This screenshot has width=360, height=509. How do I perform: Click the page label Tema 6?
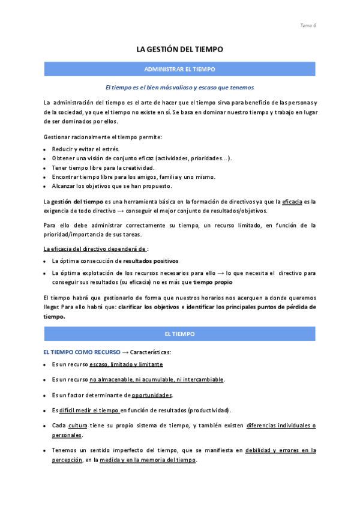[x=308, y=25]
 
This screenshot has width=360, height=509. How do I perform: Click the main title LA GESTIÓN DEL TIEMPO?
[x=180, y=50]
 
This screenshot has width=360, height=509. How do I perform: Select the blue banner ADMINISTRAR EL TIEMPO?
[x=180, y=70]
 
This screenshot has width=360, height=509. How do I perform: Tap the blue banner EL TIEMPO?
[x=180, y=333]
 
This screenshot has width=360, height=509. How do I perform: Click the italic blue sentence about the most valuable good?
[x=180, y=87]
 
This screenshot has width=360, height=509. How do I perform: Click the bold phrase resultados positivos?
[x=151, y=261]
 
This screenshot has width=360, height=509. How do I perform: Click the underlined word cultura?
[x=78, y=426]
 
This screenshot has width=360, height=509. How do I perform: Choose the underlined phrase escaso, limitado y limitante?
[x=126, y=364]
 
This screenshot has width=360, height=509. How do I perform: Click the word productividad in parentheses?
[x=209, y=411]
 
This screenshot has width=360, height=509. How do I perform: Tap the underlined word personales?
[x=67, y=435]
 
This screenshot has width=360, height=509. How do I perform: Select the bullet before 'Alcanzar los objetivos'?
[x=46, y=187]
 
